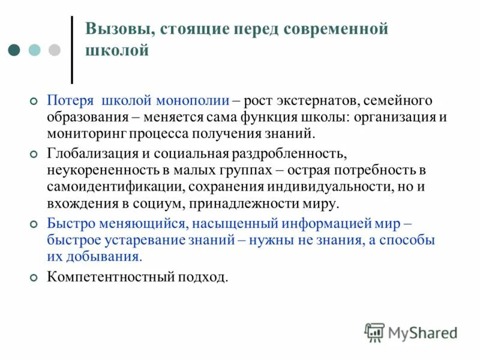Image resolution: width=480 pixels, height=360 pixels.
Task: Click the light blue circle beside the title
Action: click(x=35, y=50)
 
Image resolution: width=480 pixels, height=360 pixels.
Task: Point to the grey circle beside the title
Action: click(x=54, y=50)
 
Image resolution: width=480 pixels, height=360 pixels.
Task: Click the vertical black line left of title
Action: click(x=72, y=49)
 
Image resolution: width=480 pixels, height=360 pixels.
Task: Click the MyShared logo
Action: click(x=410, y=332)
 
